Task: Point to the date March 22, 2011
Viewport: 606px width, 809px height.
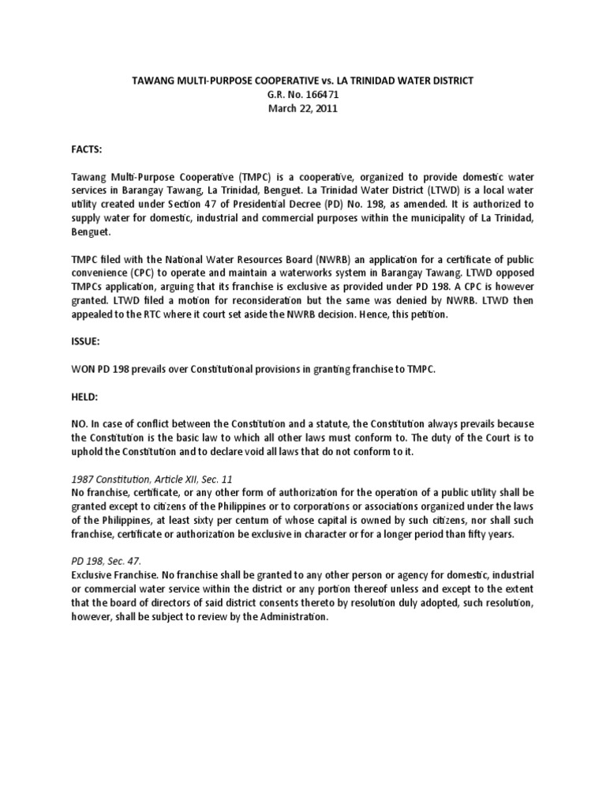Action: (303, 109)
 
